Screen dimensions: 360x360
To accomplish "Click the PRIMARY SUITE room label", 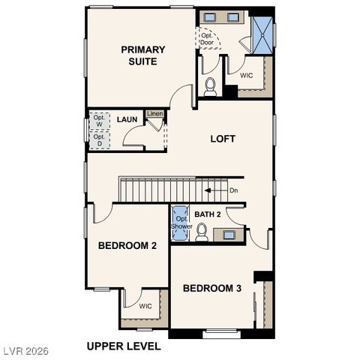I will coord(142,55).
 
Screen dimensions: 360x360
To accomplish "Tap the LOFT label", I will coord(222,139).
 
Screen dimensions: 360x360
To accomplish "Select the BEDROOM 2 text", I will coord(127,245).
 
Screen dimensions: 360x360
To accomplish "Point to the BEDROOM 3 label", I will coord(212,288).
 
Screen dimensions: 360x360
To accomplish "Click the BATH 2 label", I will coord(208,214).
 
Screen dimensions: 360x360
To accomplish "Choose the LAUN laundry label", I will coord(126,119).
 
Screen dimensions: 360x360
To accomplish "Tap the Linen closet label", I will coord(154,114).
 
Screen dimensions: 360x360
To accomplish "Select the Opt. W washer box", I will coord(99,121).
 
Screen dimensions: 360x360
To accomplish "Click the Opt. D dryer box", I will coord(99,140).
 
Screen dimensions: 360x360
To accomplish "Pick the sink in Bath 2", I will coord(228,235).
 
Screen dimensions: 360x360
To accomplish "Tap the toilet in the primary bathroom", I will coord(210,87).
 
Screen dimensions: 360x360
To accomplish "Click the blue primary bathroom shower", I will coord(262,31).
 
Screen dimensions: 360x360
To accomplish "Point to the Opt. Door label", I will coord(207,38).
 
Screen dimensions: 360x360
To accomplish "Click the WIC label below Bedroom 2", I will coord(145,306).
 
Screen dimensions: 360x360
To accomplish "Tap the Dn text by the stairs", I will coord(234,190).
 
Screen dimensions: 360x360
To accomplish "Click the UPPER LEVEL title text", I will coord(123,346).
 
